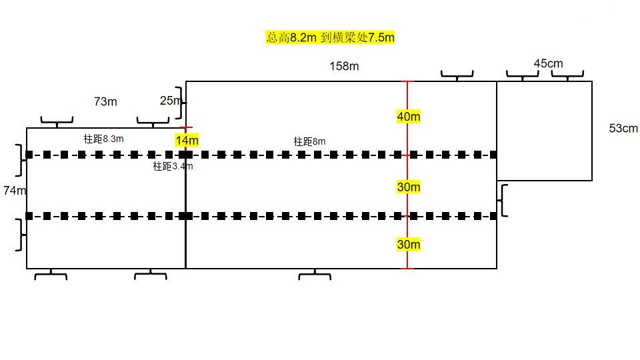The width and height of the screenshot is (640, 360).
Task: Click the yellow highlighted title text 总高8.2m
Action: click(x=291, y=37)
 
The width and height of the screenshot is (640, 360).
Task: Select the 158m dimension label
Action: click(x=344, y=66)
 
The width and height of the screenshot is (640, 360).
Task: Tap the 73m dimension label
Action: click(x=105, y=101)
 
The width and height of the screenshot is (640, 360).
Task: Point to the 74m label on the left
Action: click(x=14, y=190)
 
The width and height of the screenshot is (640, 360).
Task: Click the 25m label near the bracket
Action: click(x=171, y=101)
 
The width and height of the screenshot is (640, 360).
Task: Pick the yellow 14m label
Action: click(x=187, y=141)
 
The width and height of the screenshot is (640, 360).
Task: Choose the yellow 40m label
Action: click(x=409, y=117)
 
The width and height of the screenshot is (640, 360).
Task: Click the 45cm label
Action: click(x=548, y=64)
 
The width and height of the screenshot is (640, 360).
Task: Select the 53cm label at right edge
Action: click(x=623, y=128)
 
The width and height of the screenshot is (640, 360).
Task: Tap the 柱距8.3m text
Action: click(x=104, y=139)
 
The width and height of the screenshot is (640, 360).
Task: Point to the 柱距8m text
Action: click(x=309, y=141)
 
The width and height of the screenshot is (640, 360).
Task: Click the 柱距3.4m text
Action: click(x=173, y=166)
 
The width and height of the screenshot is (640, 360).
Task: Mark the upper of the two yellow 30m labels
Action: click(x=409, y=187)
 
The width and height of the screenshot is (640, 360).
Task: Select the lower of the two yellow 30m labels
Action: click(x=409, y=245)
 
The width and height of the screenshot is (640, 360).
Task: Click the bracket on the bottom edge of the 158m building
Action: click(x=315, y=275)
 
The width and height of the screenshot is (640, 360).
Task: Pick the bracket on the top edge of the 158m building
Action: click(x=457, y=75)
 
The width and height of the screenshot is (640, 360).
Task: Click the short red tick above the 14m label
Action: click(x=186, y=128)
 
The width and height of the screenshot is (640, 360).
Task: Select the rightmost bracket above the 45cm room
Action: click(x=567, y=75)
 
